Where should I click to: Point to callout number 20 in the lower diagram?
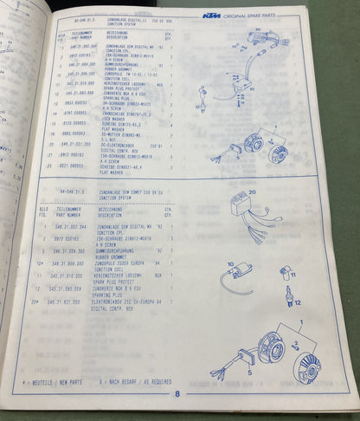pos(253,193)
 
